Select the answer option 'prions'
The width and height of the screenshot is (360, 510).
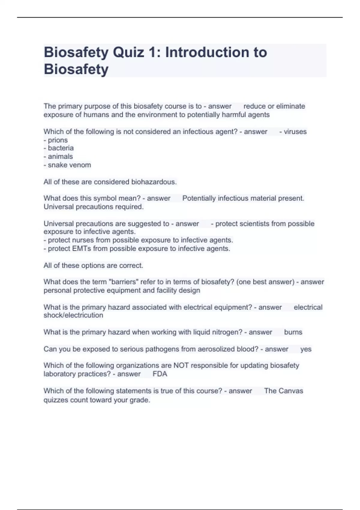(58, 140)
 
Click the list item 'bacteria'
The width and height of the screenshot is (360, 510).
(61, 148)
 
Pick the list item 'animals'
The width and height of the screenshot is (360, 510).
(60, 157)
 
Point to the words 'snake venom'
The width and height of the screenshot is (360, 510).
(69, 165)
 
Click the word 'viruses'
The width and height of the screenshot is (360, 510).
(295, 132)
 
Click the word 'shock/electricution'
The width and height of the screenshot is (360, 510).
(73, 315)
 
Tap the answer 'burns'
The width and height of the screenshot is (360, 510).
(293, 332)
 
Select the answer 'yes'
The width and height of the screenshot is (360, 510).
(306, 349)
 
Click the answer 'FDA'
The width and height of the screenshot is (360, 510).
(160, 374)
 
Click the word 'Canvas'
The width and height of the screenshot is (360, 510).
(291, 391)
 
